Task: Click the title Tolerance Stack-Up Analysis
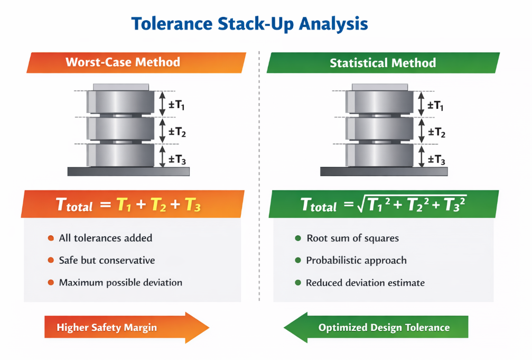pyautogui.click(x=249, y=24)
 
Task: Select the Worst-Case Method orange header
pyautogui.click(x=123, y=62)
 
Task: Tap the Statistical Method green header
pyautogui.click(x=382, y=63)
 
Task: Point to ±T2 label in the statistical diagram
pyautogui.click(x=436, y=132)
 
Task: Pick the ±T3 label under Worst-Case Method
pyautogui.click(x=177, y=159)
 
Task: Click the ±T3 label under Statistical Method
pyautogui.click(x=436, y=160)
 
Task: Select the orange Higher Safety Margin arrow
pyautogui.click(x=126, y=328)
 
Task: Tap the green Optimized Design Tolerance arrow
pyautogui.click(x=376, y=328)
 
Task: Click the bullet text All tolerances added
pyautogui.click(x=106, y=238)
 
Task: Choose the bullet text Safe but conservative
pyautogui.click(x=107, y=260)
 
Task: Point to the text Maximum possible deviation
pyautogui.click(x=120, y=282)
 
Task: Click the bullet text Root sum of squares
pyautogui.click(x=352, y=238)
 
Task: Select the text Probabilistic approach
pyautogui.click(x=357, y=260)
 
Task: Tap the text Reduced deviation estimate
pyautogui.click(x=365, y=283)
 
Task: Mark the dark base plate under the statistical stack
pyautogui.click(x=384, y=171)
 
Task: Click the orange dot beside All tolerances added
pyautogui.click(x=51, y=238)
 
